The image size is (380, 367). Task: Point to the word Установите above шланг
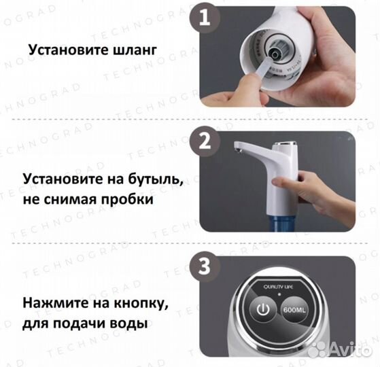(64, 50)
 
